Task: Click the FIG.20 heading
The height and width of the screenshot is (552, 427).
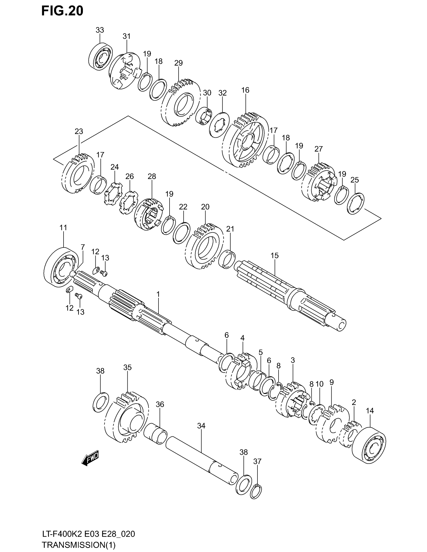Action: (62, 11)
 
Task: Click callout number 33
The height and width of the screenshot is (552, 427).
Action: (100, 30)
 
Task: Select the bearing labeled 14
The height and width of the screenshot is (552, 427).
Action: (369, 445)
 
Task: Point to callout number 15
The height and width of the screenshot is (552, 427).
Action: (275, 255)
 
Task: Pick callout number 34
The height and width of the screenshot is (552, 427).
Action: (201, 426)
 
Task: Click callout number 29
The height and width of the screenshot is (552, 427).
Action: (178, 63)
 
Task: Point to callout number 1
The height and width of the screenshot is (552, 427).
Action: (158, 294)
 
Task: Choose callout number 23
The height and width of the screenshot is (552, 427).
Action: (79, 131)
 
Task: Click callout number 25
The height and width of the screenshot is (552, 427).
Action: (355, 180)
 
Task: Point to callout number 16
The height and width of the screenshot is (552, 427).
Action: (245, 90)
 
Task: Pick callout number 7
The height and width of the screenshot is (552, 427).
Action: (83, 247)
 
